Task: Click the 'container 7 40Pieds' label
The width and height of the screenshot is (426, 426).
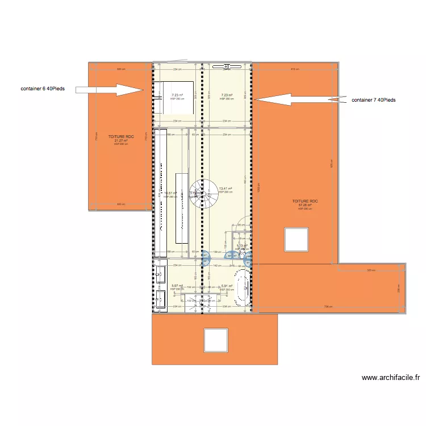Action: click(x=373, y=100)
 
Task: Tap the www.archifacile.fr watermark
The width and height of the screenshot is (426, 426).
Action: click(x=392, y=377)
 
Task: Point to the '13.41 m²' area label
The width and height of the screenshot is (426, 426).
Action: click(x=225, y=189)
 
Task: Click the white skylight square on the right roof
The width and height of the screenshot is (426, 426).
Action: click(x=296, y=239)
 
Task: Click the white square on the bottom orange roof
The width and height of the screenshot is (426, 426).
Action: click(x=216, y=340)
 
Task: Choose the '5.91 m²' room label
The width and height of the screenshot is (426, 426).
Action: click(x=227, y=286)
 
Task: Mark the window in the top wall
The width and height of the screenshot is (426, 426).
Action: click(x=227, y=66)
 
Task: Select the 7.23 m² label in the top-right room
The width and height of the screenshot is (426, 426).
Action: click(x=226, y=95)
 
